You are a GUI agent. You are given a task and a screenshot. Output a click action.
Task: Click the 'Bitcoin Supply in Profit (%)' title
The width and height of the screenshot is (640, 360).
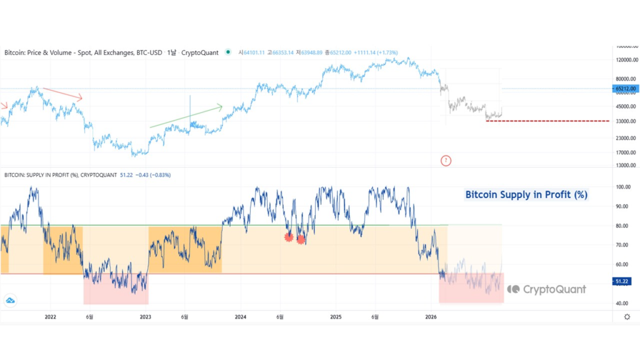click(x=526, y=194)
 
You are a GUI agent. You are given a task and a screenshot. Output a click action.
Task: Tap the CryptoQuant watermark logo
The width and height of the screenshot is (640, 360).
click(x=547, y=289)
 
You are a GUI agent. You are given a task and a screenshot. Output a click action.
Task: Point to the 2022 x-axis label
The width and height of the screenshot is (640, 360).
click(x=51, y=317)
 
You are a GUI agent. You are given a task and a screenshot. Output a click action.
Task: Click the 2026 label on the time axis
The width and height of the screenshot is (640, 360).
click(x=431, y=317)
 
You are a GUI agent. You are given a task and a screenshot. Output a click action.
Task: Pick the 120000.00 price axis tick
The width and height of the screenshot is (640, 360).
click(x=626, y=60)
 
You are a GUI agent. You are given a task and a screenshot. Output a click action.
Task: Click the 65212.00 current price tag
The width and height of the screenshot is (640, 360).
click(x=626, y=89)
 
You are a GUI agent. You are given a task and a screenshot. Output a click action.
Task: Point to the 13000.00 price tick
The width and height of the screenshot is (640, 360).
click(x=626, y=165)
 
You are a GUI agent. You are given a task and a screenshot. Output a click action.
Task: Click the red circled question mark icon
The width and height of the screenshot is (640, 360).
click(x=446, y=161)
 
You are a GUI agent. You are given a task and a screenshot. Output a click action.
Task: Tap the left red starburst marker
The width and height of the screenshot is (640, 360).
click(x=289, y=237)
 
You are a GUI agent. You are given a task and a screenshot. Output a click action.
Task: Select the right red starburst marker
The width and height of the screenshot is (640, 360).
click(x=301, y=239)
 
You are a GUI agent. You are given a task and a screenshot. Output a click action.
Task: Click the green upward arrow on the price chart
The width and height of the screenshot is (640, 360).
click(x=186, y=117)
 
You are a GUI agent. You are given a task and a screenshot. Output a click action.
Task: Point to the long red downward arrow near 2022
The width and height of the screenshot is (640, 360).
click(x=61, y=93)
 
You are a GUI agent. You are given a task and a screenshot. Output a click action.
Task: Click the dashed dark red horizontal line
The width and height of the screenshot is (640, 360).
click(x=547, y=121)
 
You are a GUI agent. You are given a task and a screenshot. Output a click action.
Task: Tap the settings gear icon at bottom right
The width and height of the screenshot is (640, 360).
click(x=627, y=317)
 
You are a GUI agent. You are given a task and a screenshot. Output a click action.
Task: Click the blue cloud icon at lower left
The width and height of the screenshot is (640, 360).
click(x=10, y=301)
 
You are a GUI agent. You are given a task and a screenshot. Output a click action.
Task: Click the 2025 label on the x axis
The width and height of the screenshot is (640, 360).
click(x=336, y=317)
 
